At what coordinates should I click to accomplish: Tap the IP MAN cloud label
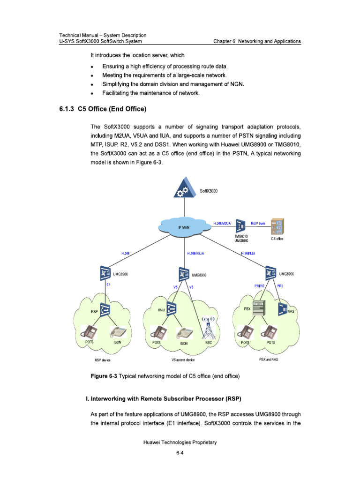184,227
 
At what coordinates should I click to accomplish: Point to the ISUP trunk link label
258,223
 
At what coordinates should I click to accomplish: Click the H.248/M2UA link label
222,224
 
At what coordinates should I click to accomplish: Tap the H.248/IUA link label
248,253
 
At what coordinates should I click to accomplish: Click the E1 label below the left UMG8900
108,285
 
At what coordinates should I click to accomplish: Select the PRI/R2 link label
256,285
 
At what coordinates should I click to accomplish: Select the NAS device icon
283,309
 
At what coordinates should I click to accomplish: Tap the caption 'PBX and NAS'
269,360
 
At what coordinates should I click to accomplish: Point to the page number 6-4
180,453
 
